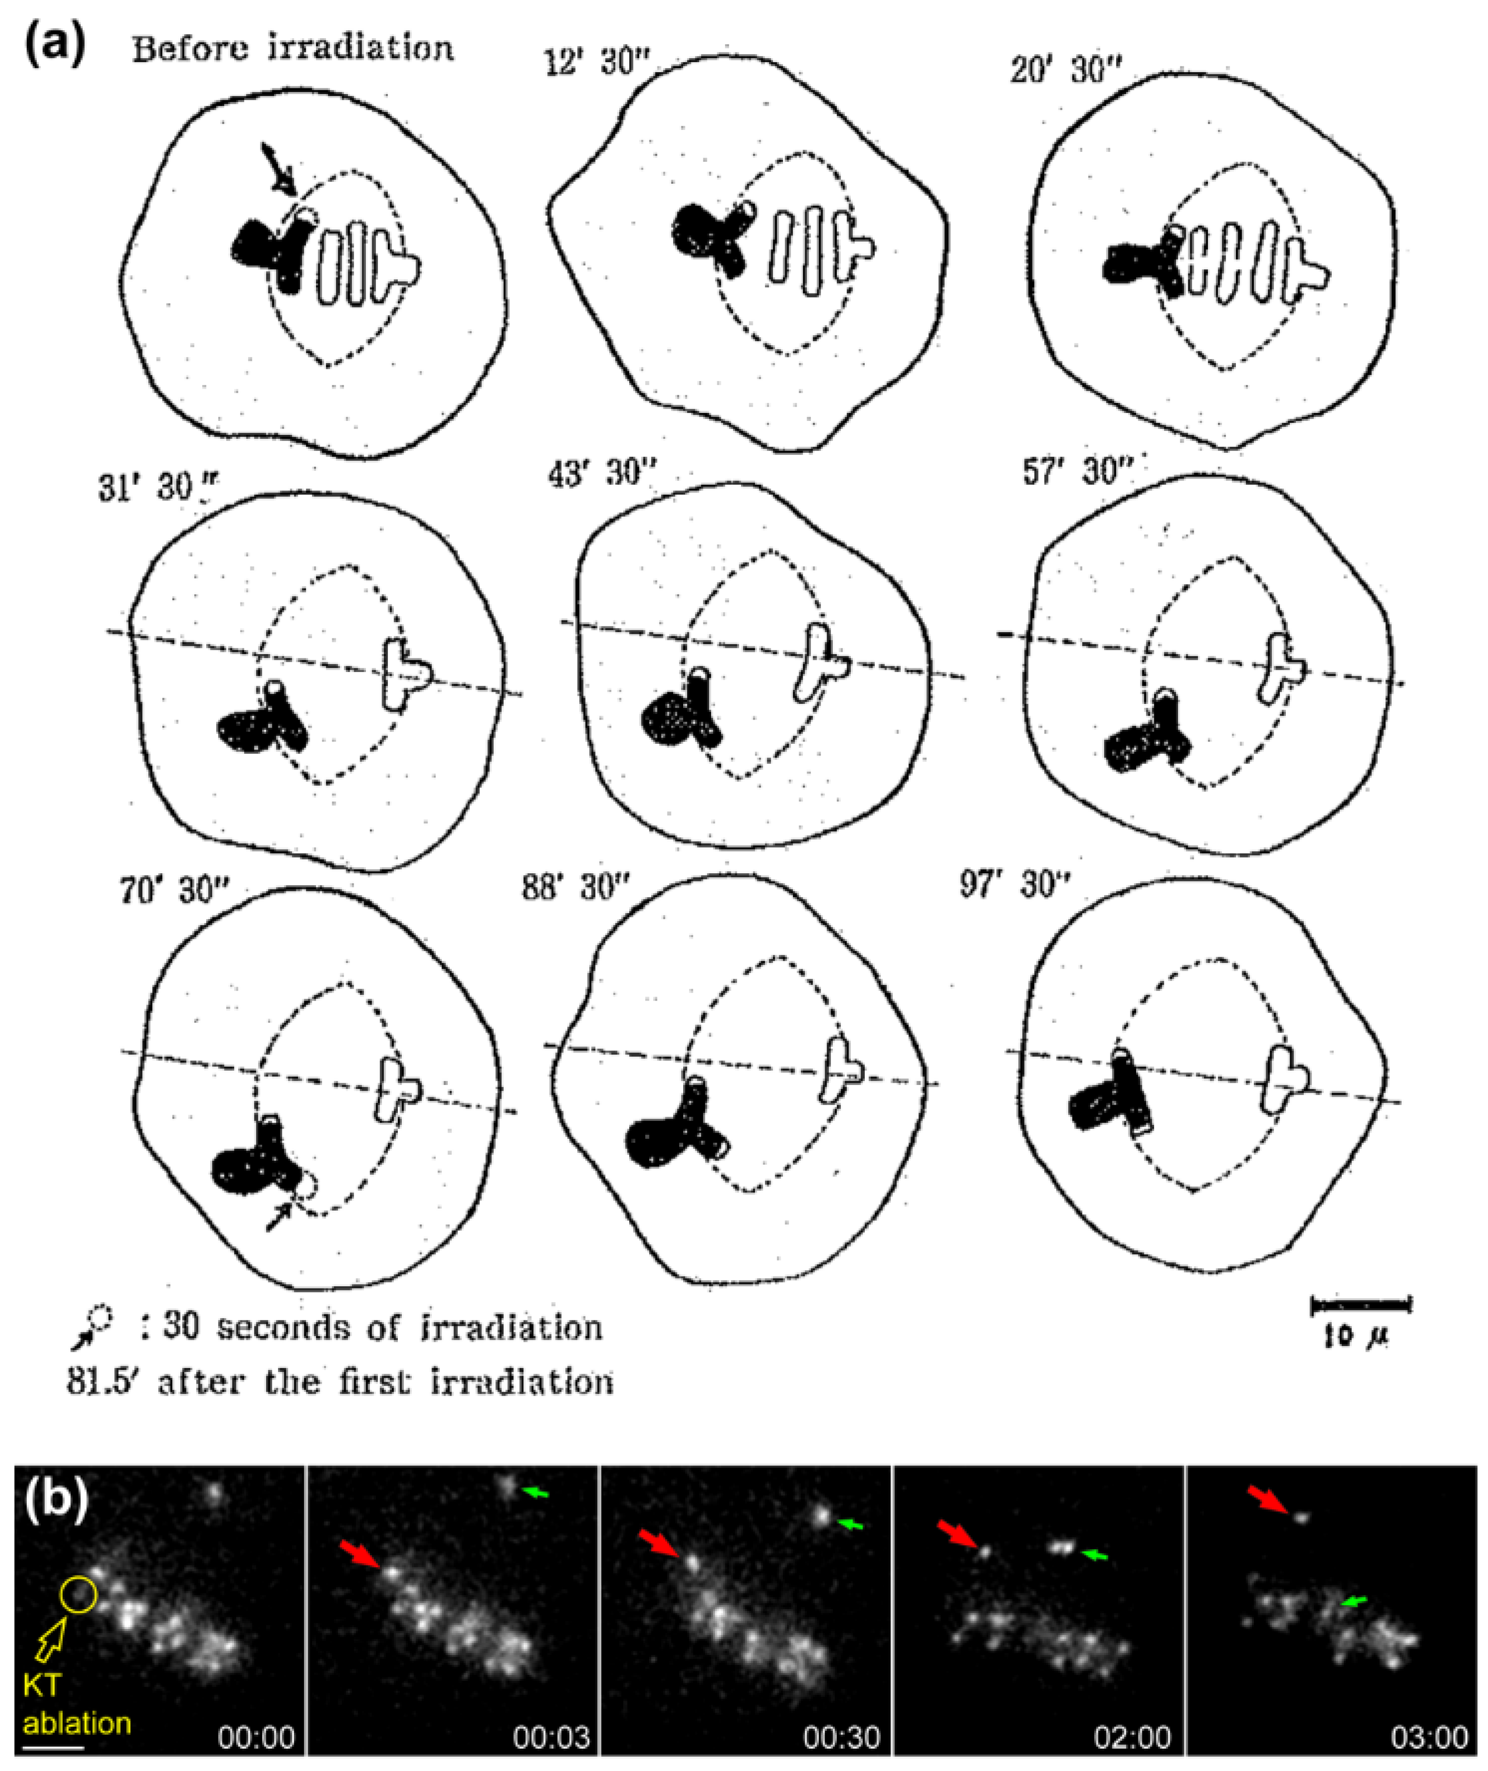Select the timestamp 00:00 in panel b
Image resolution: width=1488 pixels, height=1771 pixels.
click(256, 1737)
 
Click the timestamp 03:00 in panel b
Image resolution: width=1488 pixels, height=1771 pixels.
click(1430, 1737)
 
